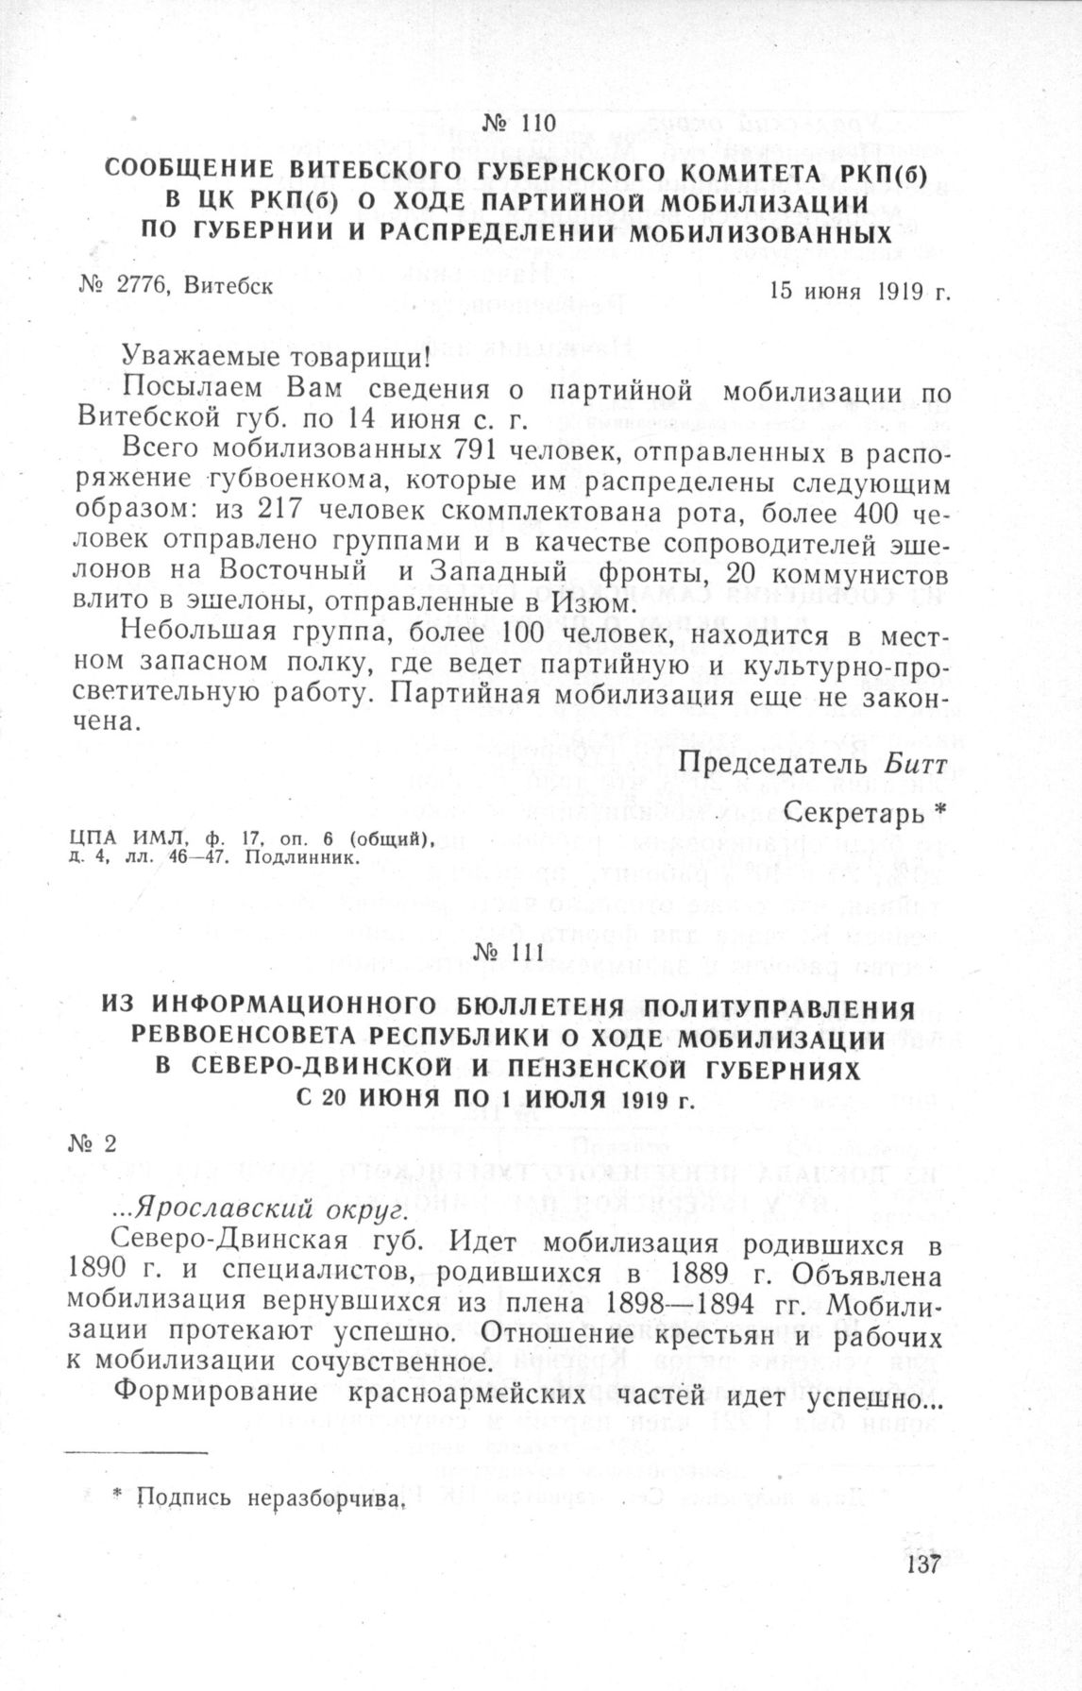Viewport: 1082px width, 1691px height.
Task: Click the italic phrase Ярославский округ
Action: (241, 1206)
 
